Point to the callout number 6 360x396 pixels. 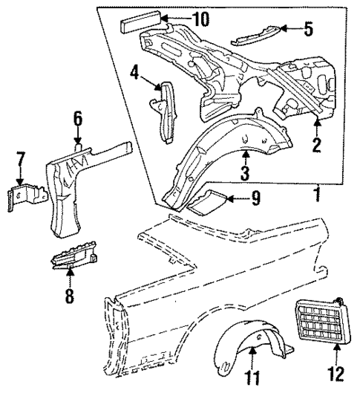(78, 117)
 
